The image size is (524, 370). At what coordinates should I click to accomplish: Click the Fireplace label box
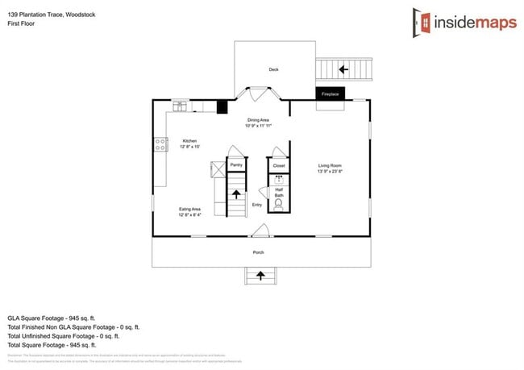[330, 94]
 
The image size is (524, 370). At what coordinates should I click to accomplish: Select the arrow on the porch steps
[260, 276]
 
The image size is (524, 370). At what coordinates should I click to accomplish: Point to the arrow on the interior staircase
[236, 193]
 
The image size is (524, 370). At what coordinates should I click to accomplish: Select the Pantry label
[236, 164]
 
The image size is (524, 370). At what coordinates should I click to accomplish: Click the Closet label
[278, 165]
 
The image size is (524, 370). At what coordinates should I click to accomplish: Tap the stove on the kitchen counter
[160, 145]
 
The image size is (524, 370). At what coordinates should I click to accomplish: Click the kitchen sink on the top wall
[180, 104]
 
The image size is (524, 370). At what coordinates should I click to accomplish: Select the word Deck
[273, 70]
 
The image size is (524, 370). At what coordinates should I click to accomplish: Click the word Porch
[259, 252]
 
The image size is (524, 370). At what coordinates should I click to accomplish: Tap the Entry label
[257, 205]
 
